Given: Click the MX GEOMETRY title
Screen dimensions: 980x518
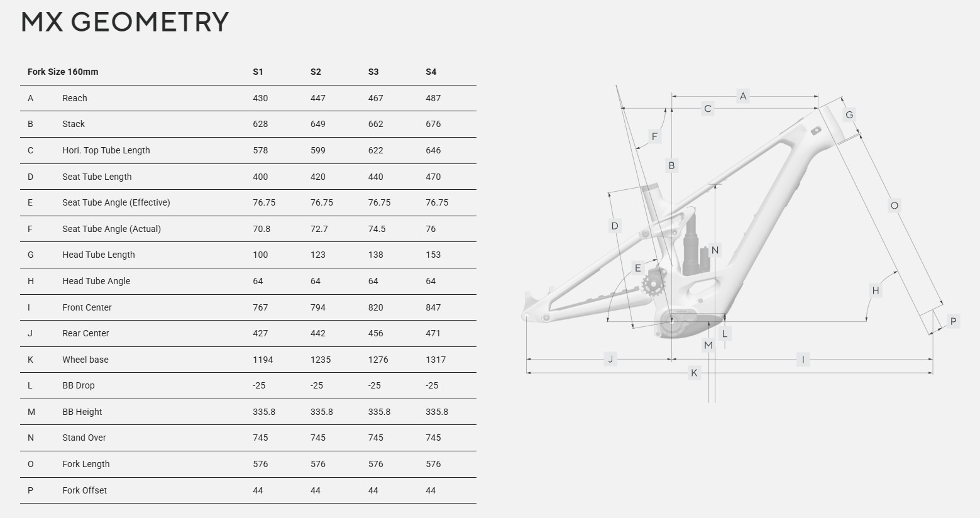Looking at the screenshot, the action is (x=124, y=22).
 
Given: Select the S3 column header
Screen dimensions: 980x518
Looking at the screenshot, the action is (x=373, y=72).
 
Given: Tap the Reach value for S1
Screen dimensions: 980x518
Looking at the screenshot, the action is (x=260, y=98).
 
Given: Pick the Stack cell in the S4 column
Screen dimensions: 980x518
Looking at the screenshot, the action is (x=433, y=124).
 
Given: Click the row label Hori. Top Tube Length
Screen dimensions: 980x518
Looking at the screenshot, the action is (x=106, y=150).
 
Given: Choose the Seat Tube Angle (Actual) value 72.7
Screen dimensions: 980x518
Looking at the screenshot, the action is (x=319, y=229).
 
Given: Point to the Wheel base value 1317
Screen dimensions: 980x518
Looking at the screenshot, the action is (x=436, y=360).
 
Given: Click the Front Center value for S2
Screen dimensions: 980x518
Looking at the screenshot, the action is (x=318, y=307).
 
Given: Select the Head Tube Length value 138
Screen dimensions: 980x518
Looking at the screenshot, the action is (x=375, y=255).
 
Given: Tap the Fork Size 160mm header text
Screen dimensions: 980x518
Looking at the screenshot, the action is (x=63, y=72).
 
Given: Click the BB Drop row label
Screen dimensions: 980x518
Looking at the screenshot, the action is (x=79, y=385).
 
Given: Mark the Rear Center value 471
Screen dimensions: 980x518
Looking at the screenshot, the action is (x=433, y=333).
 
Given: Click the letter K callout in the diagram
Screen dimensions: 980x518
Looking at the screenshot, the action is (x=694, y=373).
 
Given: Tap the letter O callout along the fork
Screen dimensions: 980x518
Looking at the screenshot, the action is (x=895, y=206).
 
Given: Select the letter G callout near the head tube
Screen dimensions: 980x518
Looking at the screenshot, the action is (x=849, y=115).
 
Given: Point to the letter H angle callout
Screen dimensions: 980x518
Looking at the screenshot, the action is (x=876, y=290).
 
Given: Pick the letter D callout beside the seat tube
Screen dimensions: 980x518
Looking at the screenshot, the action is (x=615, y=226).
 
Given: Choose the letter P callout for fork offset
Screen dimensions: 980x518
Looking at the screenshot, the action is (x=954, y=321).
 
